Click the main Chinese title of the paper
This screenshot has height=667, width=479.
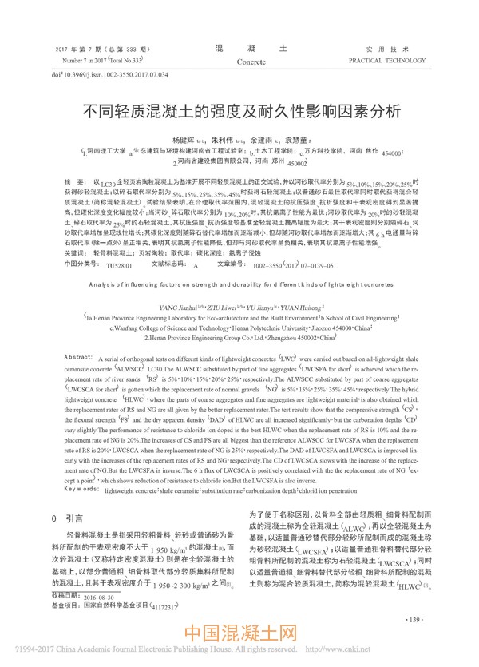(239, 111)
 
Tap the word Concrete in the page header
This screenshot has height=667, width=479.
(252, 61)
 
